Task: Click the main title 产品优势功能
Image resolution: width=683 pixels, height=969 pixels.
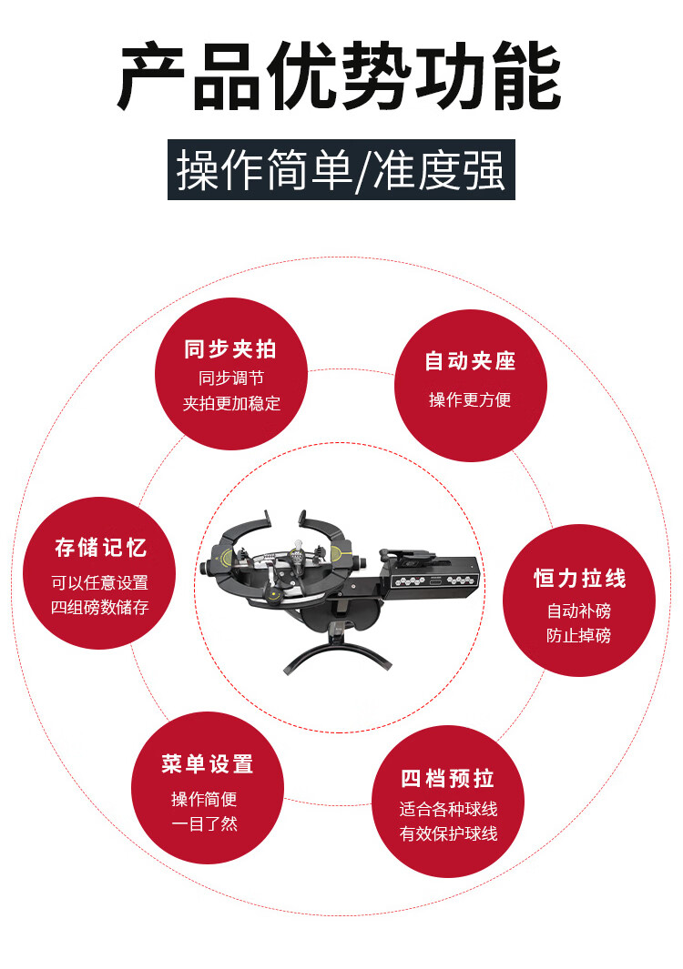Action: pos(340,76)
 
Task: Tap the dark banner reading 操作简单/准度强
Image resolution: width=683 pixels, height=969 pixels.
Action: pos(341,170)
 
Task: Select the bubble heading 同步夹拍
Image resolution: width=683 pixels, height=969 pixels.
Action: pos(230,349)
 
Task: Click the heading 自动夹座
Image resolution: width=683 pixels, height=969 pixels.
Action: pos(470,361)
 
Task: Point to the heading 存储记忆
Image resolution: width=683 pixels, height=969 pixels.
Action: pos(100,548)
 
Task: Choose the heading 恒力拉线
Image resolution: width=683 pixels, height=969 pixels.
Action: pos(580,579)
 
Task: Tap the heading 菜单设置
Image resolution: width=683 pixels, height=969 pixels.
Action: pos(208,764)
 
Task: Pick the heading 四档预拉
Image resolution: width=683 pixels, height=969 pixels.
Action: pos(447,779)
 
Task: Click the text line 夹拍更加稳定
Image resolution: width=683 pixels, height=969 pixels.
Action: pos(231,404)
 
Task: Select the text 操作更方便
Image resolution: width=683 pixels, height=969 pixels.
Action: pos(470,399)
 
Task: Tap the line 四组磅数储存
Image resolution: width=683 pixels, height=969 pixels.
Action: pos(99,608)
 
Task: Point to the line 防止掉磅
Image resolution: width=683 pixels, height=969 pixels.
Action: pos(579,635)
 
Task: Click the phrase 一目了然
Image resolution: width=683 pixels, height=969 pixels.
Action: pos(204,823)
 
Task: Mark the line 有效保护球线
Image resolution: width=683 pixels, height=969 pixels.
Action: pos(449,833)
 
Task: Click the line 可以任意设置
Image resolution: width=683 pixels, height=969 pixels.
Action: pos(99,582)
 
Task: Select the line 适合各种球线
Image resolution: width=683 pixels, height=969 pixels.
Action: pos(449,809)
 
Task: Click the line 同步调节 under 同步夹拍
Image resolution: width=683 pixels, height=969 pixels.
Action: pos(231,378)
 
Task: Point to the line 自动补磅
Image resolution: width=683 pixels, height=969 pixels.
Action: pos(579,611)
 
